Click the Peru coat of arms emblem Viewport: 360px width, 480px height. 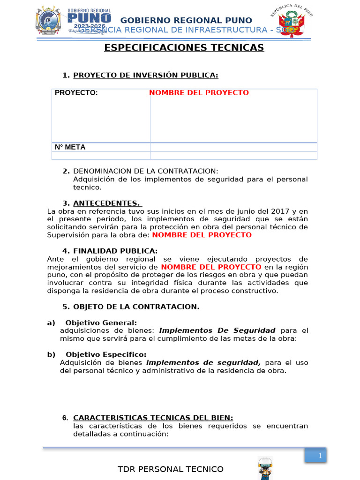292,22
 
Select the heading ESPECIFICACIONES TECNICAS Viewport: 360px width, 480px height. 184,48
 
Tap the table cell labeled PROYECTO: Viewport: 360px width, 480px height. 76,93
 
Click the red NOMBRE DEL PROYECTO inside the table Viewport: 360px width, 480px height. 199,93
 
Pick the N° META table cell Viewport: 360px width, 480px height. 70,147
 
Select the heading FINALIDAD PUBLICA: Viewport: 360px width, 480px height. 115,251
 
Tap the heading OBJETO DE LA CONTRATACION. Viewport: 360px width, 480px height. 136,307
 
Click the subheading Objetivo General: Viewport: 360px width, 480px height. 101,322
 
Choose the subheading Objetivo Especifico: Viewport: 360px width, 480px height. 106,354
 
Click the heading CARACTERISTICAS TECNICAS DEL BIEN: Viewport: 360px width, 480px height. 153,418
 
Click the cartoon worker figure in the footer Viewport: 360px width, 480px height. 265,468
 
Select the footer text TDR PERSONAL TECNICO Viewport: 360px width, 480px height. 170,469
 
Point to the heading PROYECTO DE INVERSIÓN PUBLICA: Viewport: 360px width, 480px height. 146,75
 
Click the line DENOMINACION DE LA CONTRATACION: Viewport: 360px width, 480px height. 146,171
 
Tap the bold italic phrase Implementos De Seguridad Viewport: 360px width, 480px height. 217,330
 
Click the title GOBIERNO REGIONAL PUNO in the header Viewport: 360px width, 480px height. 187,20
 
